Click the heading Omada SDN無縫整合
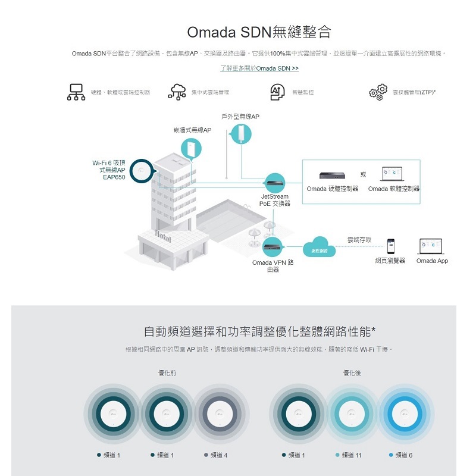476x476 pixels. pyautogui.click(x=259, y=32)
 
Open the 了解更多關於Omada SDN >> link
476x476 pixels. pyautogui.click(x=259, y=68)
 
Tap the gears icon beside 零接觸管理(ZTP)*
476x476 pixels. pyautogui.click(x=378, y=93)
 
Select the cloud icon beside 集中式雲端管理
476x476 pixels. pyautogui.click(x=177, y=93)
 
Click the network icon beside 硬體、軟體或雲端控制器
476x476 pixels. pyautogui.click(x=76, y=93)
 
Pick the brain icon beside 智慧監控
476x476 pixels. pyautogui.click(x=277, y=93)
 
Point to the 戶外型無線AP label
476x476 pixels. pyautogui.click(x=240, y=117)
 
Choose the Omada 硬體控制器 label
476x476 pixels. pyautogui.click(x=333, y=189)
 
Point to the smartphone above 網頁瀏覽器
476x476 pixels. pyautogui.click(x=390, y=246)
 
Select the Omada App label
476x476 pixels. pyautogui.click(x=432, y=261)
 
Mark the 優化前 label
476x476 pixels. pyautogui.click(x=167, y=372)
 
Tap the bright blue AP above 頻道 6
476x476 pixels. pyautogui.click(x=403, y=411)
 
